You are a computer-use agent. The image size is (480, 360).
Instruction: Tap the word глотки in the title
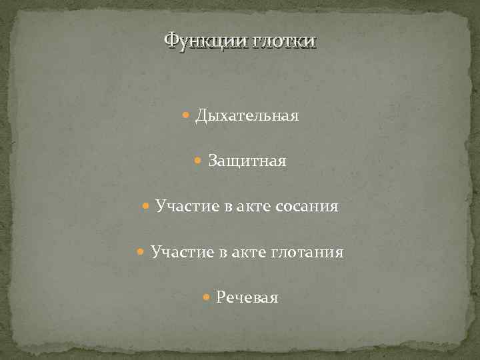(x=283, y=41)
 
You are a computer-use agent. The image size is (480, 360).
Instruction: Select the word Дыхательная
(x=247, y=116)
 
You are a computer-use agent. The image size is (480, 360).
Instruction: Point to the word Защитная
(x=247, y=161)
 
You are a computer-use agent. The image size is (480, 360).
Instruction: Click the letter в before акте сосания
(x=228, y=207)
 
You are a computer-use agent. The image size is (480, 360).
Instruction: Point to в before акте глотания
(x=223, y=253)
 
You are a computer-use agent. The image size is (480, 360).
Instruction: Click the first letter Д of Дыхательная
(x=201, y=116)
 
